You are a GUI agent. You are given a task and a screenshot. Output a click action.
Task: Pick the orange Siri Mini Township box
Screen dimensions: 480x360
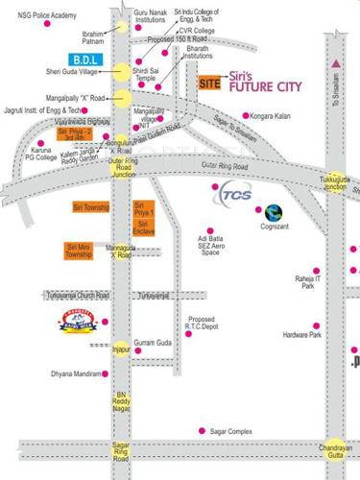[79, 251]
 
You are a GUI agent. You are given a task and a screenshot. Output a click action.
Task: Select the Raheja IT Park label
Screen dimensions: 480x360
[308, 281]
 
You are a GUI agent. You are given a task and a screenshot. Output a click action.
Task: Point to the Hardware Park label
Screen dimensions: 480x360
[300, 335]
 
